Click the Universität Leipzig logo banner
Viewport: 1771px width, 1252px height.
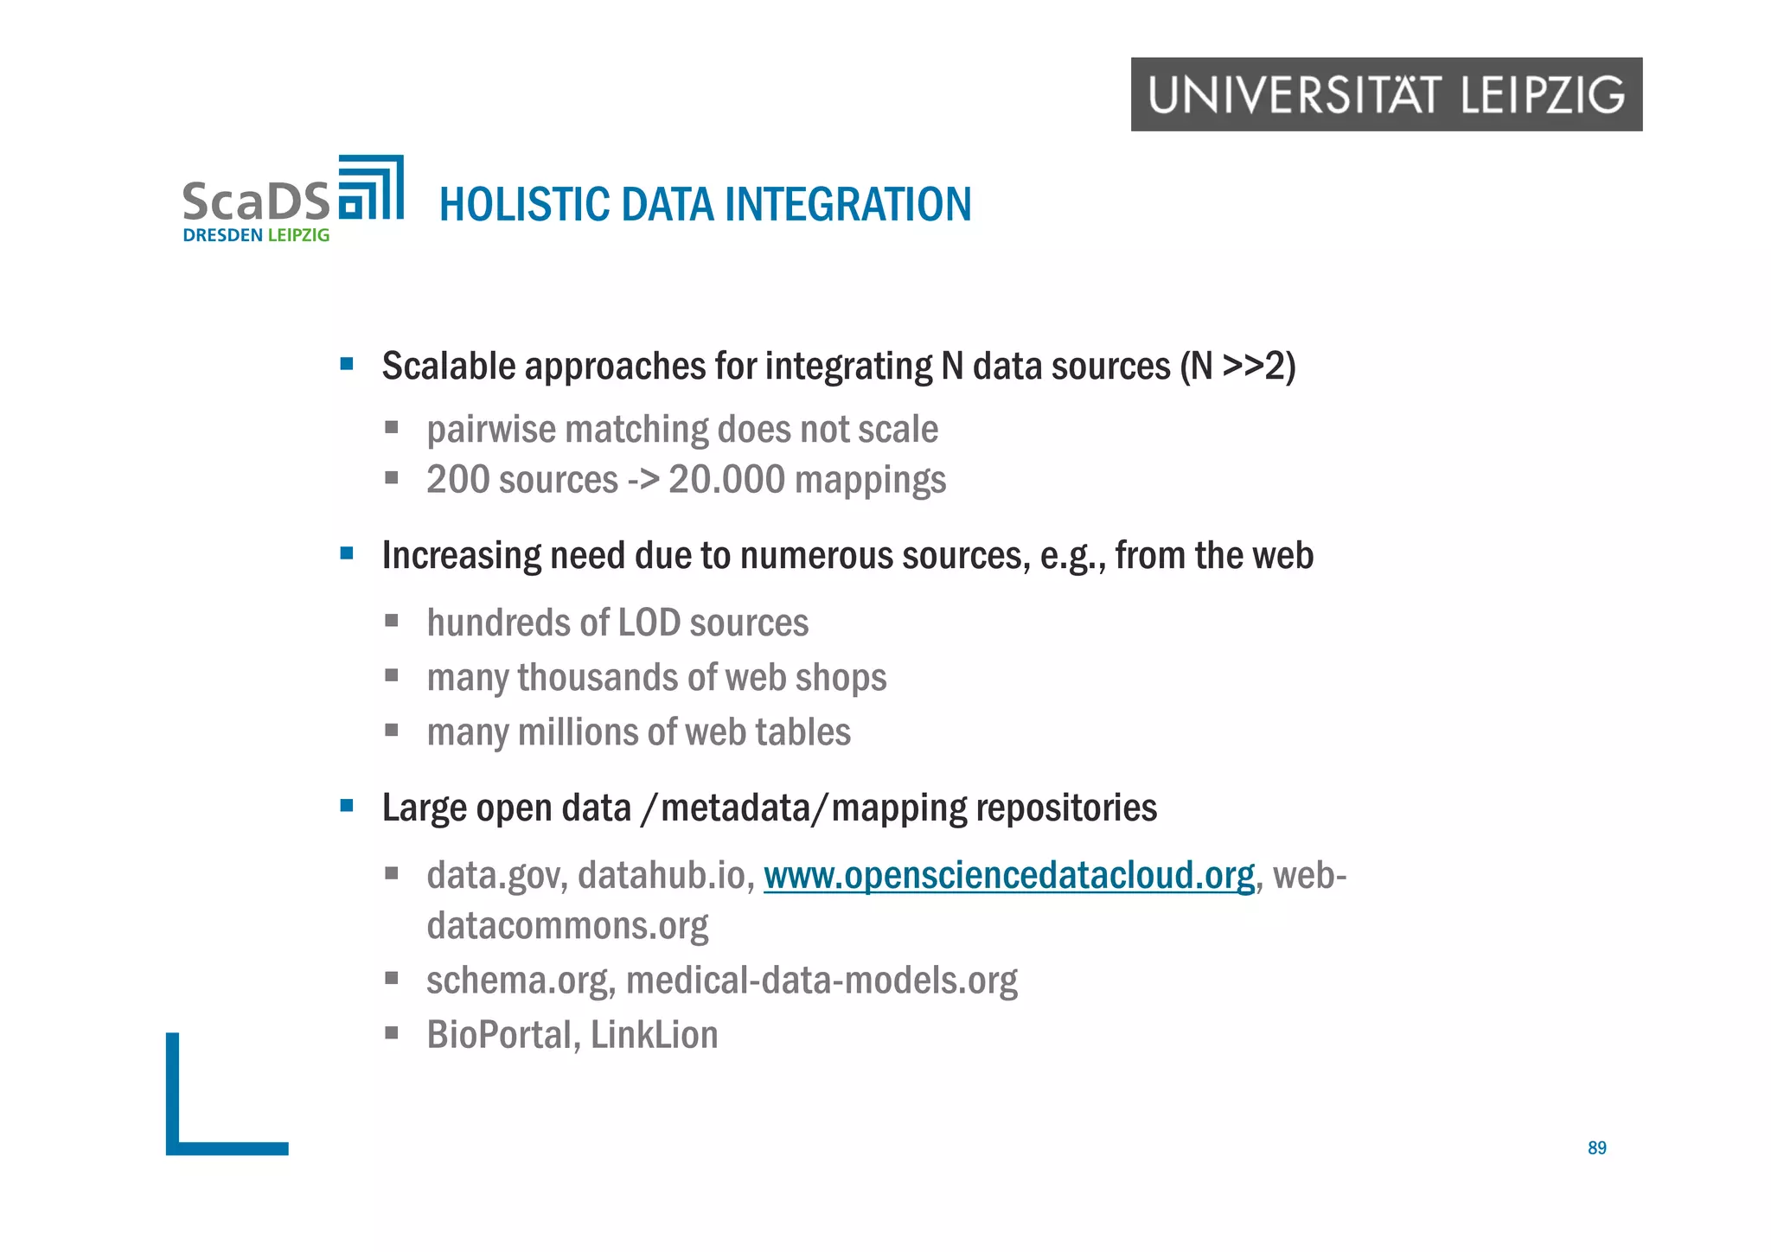click(x=1385, y=94)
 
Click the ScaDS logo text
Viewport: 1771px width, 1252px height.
click(x=256, y=201)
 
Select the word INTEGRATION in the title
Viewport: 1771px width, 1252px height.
click(x=847, y=205)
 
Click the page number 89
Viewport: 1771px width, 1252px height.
click(x=1596, y=1147)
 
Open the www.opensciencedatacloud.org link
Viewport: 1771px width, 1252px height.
click(x=1008, y=875)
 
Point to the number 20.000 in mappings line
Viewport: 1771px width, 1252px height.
click(x=726, y=480)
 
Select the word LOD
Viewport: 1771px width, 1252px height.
click(x=636, y=623)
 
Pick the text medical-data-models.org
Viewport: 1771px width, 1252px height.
click(x=822, y=981)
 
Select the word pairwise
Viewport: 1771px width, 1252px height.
click(x=490, y=430)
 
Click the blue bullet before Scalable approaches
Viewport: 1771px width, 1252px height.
click(x=347, y=364)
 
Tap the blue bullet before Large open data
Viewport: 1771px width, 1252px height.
click(x=347, y=806)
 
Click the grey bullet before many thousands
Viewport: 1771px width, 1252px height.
click(x=392, y=675)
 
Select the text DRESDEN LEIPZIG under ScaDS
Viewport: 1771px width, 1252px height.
click(x=256, y=235)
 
